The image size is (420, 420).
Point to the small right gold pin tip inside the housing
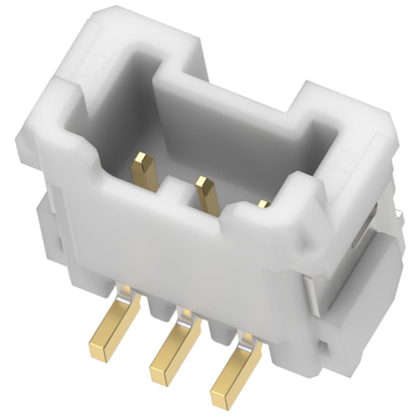click(x=263, y=204)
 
